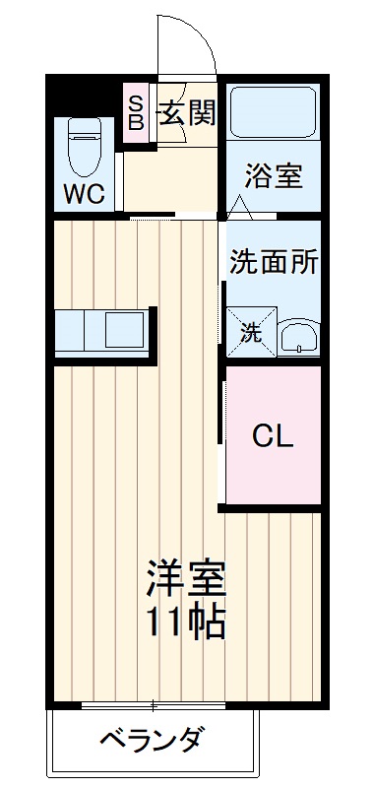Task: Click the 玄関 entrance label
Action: point(186,114)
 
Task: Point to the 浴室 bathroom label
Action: point(273,177)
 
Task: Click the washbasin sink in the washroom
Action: point(296,338)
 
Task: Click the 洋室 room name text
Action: point(187,578)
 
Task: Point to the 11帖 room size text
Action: point(187,621)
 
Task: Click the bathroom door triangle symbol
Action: point(241,208)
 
